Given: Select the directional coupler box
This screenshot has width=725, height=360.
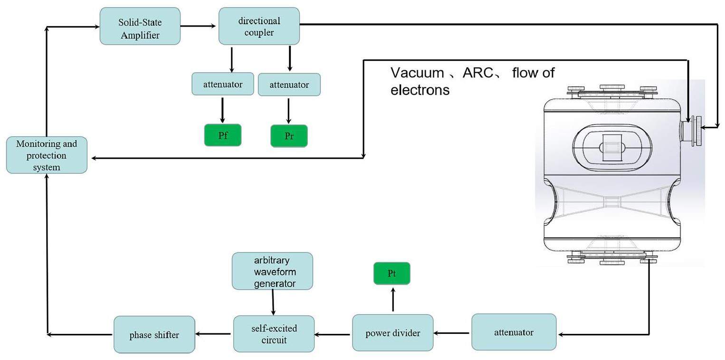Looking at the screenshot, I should tap(259, 26).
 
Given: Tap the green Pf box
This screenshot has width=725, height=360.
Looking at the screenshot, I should tap(223, 135).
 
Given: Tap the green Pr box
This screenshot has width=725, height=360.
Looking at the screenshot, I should tap(289, 136).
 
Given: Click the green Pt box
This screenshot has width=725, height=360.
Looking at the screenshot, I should tap(391, 274).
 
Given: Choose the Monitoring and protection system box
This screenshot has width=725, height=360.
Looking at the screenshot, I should tap(47, 155).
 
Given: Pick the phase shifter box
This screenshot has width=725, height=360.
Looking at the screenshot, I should tap(154, 335).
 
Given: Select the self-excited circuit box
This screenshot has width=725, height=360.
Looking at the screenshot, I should tap(274, 334).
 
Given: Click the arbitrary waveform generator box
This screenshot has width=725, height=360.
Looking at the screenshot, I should tap(272, 272).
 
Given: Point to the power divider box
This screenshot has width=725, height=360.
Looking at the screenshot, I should tap(392, 333).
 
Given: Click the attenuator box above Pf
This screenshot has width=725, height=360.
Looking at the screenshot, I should tap(223, 85).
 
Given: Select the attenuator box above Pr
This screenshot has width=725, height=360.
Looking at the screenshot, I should tap(289, 85).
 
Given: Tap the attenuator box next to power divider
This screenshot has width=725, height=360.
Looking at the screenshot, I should tap(514, 332).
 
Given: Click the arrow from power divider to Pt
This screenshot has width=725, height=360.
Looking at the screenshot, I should tap(392, 299).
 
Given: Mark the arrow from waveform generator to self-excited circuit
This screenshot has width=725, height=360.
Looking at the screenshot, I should tap(273, 302).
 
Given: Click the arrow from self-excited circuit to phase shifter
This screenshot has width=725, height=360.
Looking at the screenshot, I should tap(214, 334).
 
